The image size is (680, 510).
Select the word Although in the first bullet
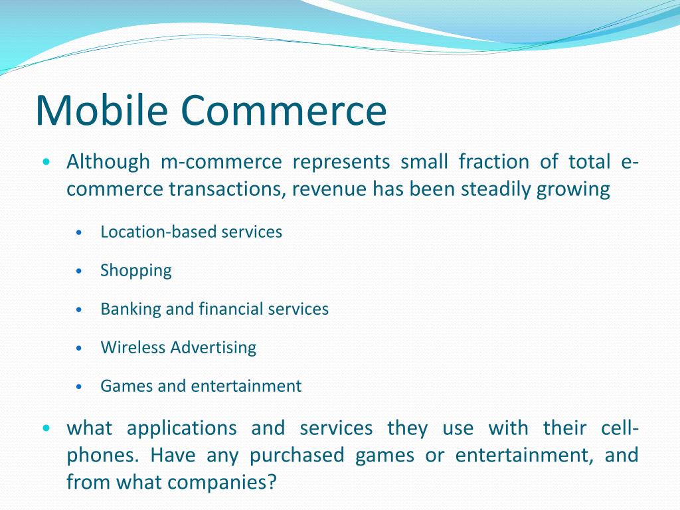[x=108, y=163]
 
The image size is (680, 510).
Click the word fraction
[x=494, y=162]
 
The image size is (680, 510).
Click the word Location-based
[x=159, y=232]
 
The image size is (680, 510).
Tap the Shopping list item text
[x=136, y=271]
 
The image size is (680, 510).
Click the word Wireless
[x=133, y=347]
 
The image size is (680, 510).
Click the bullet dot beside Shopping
[x=78, y=272]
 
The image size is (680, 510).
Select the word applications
[x=182, y=429]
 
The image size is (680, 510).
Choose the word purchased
[x=297, y=456]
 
